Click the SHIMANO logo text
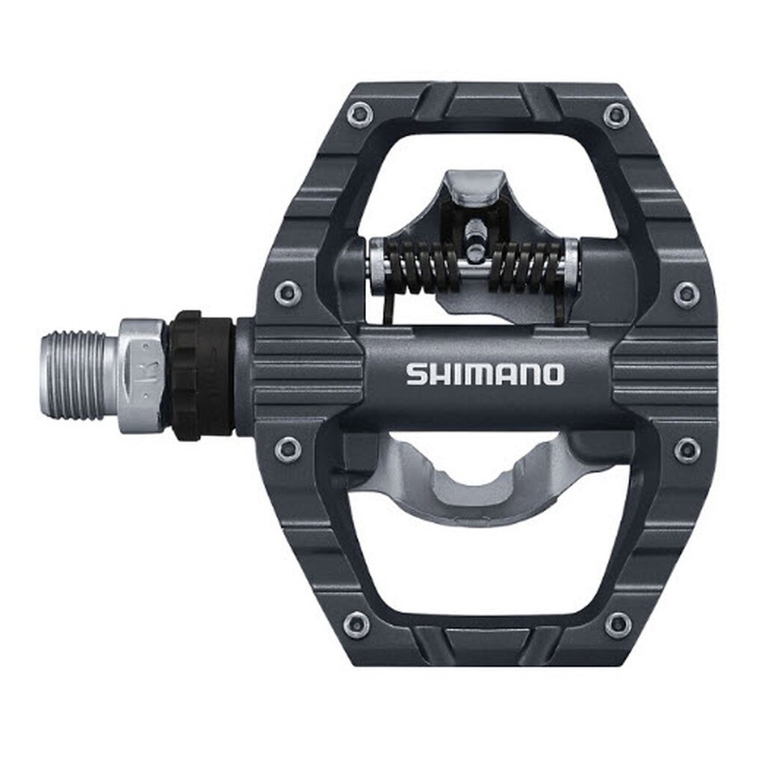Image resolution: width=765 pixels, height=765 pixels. [485, 374]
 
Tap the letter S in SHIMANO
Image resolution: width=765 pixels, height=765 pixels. [416, 374]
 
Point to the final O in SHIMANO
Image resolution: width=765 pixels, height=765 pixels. [552, 374]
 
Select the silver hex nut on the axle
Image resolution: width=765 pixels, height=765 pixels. [142, 374]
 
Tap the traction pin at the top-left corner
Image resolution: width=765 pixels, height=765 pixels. [359, 114]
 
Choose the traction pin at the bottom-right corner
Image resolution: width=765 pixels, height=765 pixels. [617, 625]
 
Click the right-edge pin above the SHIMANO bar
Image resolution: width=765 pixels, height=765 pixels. [686, 294]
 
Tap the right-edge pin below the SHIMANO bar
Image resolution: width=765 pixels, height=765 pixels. [687, 450]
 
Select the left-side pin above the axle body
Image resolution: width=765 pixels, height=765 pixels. [288, 293]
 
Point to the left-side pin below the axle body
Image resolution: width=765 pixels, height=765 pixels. [288, 449]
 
